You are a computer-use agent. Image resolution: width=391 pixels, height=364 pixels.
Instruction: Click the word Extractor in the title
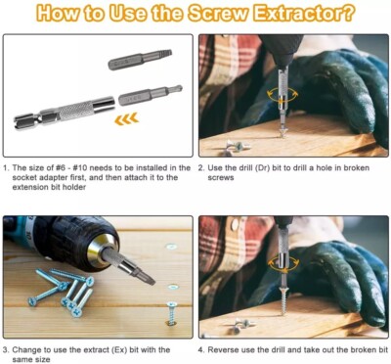299,13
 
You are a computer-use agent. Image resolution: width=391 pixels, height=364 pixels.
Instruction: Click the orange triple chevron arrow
126,119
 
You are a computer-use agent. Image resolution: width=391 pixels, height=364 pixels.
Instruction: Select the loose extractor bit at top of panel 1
140,59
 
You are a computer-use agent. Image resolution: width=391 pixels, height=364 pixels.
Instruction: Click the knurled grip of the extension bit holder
76,111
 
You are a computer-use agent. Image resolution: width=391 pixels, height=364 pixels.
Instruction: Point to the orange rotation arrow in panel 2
282,94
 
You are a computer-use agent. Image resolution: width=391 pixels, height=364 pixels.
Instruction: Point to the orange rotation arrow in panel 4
283,262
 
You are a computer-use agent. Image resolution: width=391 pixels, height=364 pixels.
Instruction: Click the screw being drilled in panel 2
282,131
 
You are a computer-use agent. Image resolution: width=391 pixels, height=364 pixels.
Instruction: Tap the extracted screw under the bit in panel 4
283,300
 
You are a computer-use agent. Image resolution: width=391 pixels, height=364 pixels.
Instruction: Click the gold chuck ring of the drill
104,249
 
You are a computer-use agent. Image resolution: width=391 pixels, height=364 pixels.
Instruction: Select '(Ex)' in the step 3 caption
119,350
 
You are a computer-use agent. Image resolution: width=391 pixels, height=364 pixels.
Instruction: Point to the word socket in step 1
24,178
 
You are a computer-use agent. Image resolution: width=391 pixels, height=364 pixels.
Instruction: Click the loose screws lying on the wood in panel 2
238,146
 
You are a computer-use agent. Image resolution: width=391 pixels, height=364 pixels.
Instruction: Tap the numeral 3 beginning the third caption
6,350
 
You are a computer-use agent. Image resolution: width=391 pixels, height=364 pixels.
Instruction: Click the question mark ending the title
349,13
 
